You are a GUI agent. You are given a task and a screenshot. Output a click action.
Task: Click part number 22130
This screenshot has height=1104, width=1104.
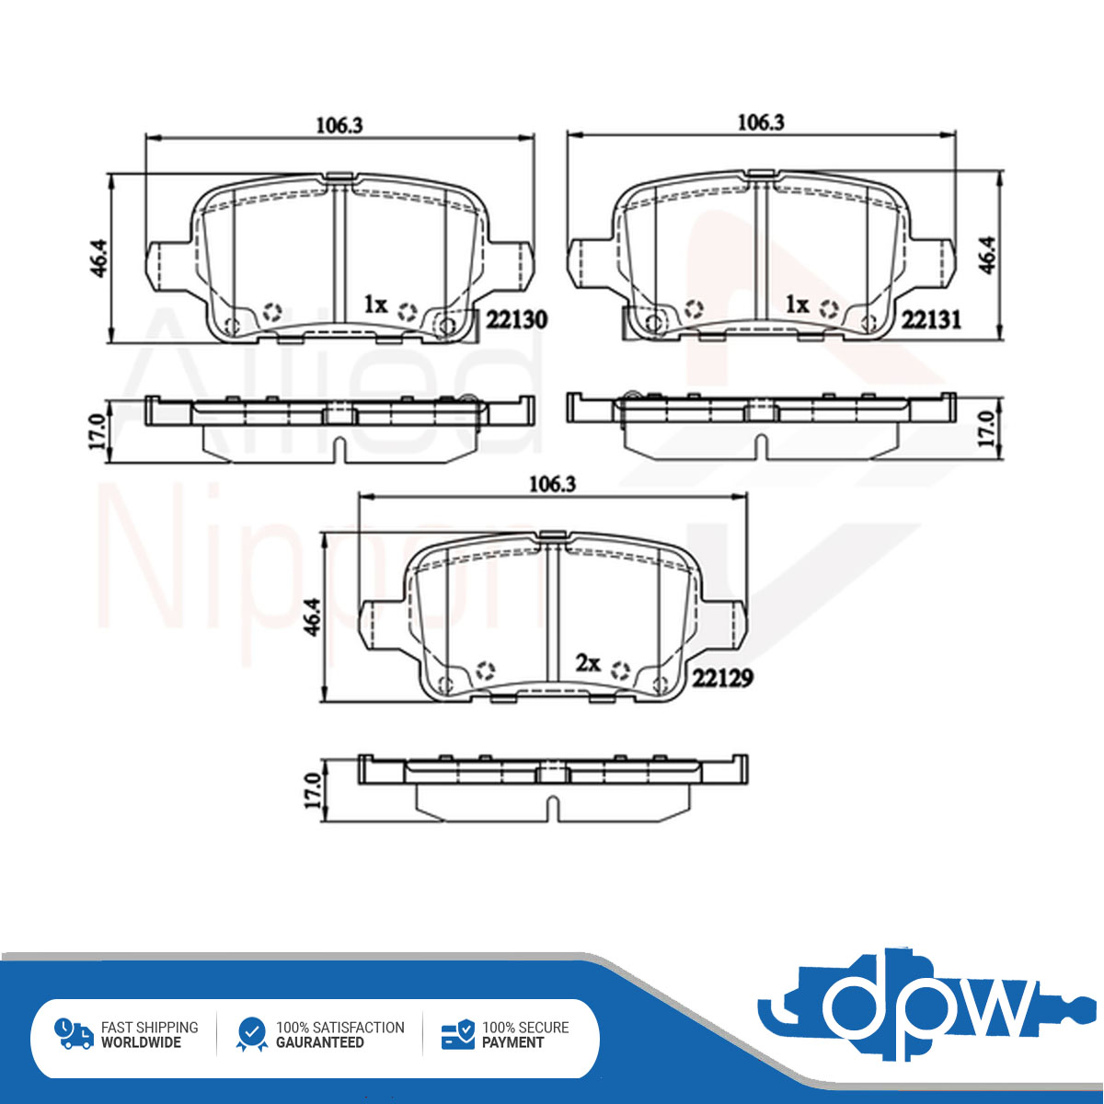(516, 319)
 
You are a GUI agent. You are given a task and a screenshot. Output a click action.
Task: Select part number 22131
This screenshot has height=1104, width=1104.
(932, 319)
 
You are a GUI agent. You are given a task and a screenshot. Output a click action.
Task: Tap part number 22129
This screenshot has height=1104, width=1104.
(722, 679)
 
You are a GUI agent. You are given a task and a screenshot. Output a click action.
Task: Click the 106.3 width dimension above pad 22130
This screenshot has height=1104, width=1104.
(339, 126)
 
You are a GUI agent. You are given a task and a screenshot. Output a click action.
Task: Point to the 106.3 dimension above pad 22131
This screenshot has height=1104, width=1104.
(761, 122)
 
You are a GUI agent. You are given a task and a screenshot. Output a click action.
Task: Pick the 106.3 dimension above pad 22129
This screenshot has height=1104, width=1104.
(552, 485)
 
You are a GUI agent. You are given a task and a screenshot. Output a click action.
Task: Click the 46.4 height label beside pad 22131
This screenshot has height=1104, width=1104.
(988, 256)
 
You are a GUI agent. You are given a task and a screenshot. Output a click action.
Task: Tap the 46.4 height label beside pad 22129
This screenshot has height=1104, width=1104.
(313, 616)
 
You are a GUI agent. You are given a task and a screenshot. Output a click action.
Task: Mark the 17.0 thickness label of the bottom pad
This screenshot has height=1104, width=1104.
(313, 790)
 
